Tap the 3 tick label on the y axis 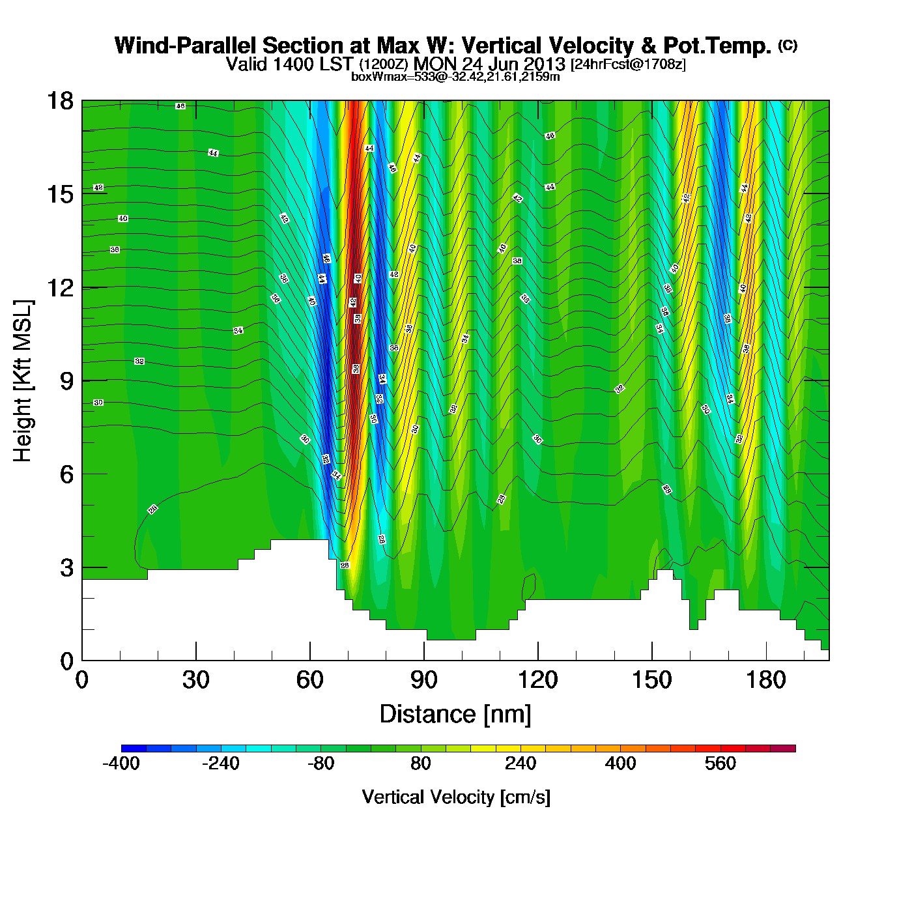tap(66, 567)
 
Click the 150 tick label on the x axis tap(652, 680)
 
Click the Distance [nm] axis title tap(455, 715)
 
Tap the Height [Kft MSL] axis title tap(23, 381)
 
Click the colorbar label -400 tap(121, 763)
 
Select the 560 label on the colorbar tap(720, 763)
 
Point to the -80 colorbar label tap(321, 763)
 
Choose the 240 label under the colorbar tap(520, 763)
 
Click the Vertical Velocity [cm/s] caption tap(455, 797)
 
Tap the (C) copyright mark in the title tap(788, 45)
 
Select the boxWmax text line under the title tap(455, 76)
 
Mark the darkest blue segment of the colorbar tap(134, 748)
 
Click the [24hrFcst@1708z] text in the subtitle tap(628, 64)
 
